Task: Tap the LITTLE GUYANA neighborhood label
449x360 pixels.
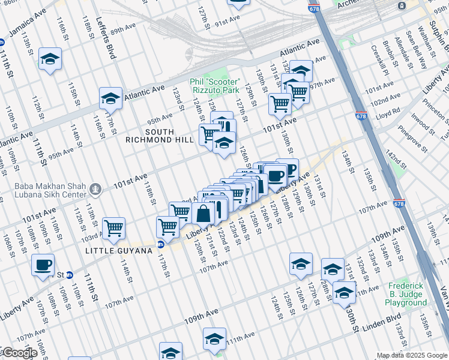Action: pos(118,250)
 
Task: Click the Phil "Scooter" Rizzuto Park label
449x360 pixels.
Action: pos(215,86)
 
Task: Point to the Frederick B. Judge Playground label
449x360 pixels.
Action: pos(407,295)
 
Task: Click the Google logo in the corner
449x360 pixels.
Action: pos(19,353)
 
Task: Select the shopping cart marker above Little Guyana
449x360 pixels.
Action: pos(113,227)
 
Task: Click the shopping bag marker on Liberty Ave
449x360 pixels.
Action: pos(203,213)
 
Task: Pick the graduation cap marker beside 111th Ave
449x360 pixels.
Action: pos(215,338)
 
